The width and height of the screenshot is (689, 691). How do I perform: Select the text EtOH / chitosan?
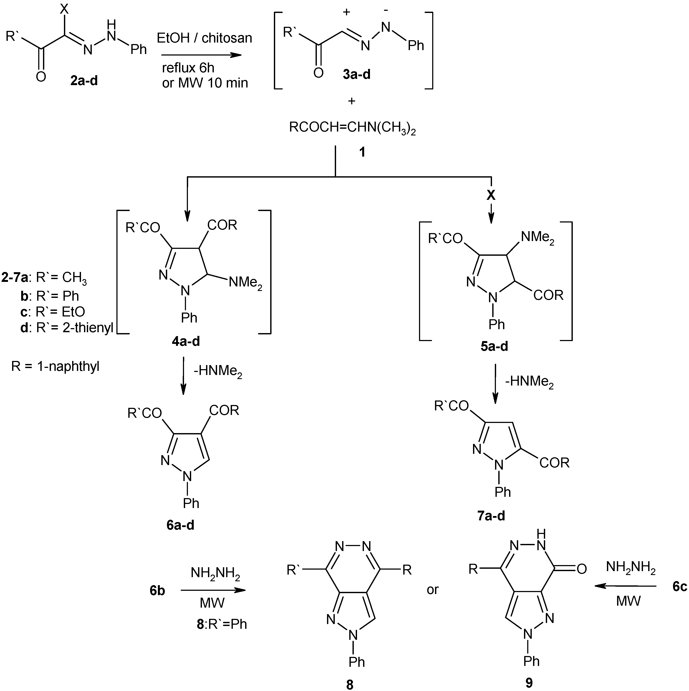pos(204,38)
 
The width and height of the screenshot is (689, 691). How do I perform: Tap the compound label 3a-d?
pos(356,74)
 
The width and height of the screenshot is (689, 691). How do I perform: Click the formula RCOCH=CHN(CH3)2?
pos(352,128)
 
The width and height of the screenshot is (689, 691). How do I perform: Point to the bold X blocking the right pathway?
pos(491,195)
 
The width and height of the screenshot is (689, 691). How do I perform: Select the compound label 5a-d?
pos(494,346)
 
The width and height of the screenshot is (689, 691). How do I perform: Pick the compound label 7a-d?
pos(491,516)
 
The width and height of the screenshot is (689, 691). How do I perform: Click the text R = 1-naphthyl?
pos(56,366)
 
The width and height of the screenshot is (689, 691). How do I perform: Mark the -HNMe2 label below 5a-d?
pos(529,382)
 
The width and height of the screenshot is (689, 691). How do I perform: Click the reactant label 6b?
pos(157,591)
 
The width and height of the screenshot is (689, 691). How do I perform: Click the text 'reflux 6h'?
pos(188,68)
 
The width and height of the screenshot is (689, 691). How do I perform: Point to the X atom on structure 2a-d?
pos(64,9)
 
